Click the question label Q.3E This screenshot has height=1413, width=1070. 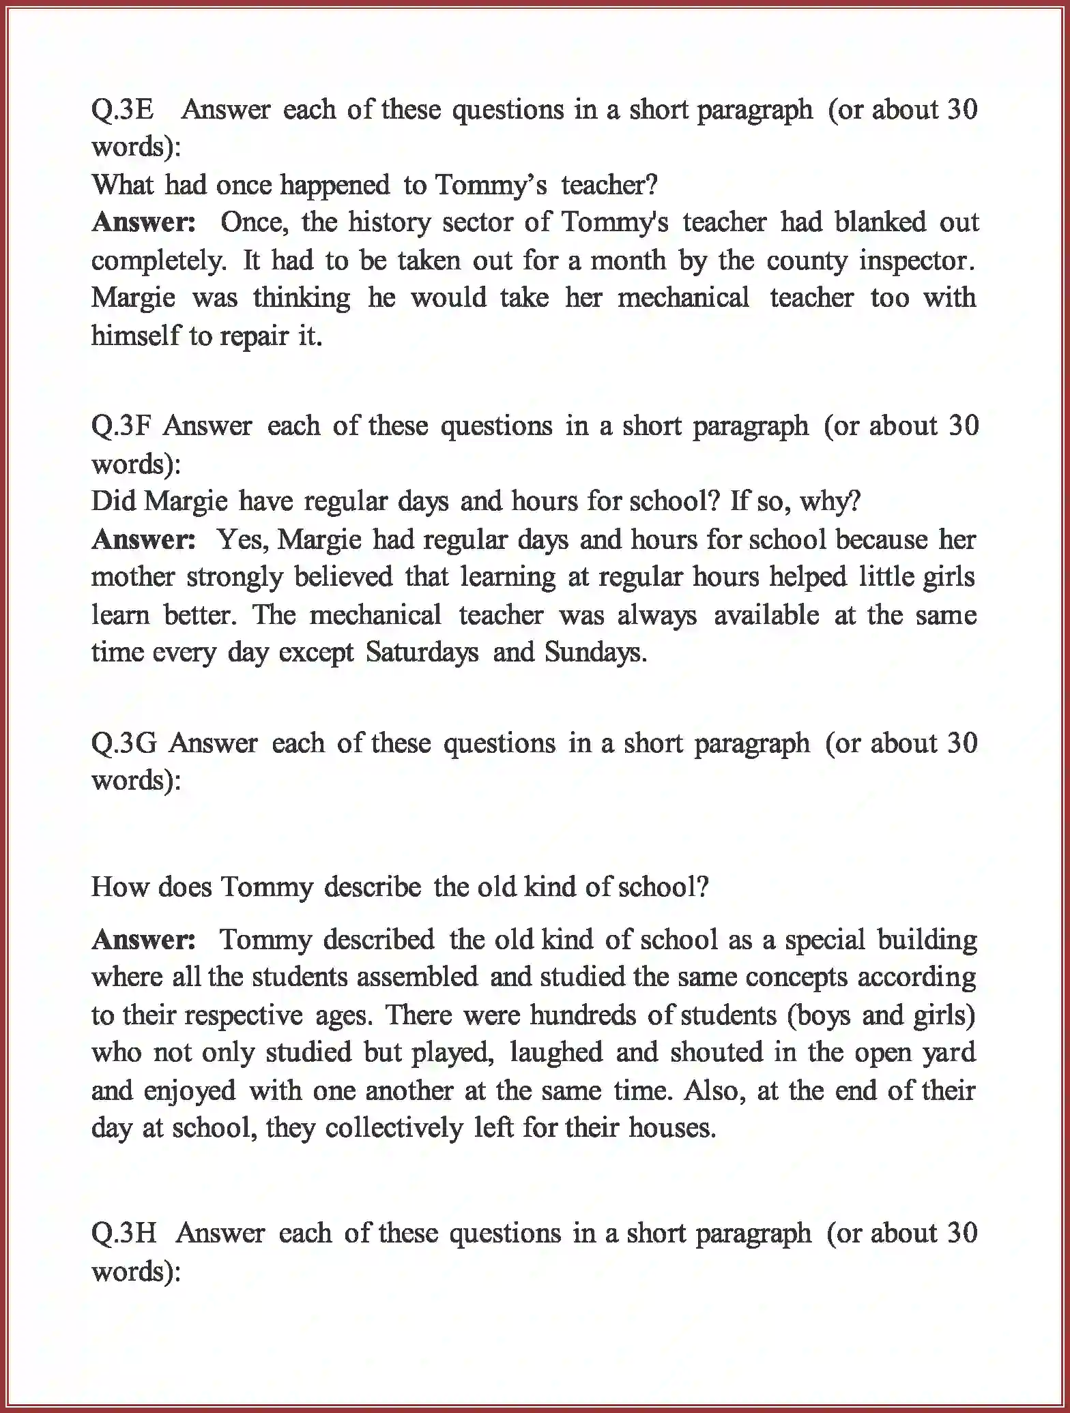(123, 110)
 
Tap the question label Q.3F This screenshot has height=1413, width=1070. (123, 426)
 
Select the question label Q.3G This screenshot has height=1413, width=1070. (124, 743)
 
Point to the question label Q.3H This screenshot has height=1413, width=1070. (124, 1233)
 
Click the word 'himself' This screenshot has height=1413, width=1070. (134, 336)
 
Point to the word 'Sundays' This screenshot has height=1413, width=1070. (595, 653)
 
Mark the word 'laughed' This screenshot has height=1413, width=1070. (556, 1052)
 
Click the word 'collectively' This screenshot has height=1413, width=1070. (394, 1128)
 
